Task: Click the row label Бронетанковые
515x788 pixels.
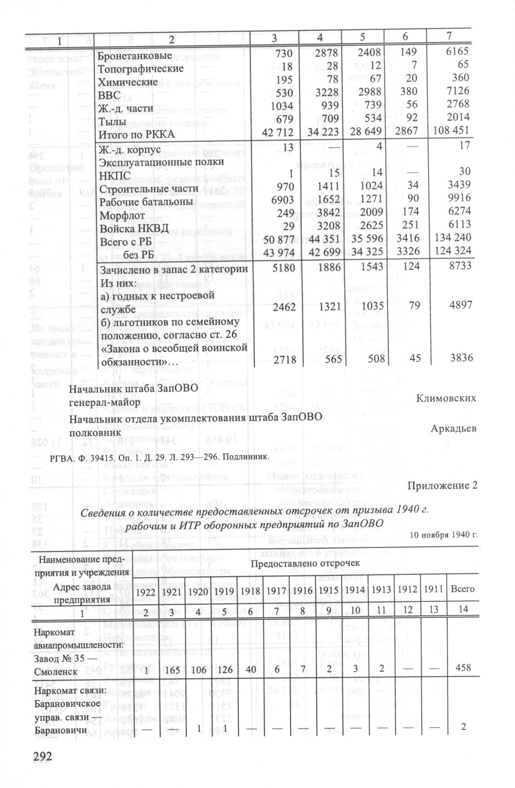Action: (x=135, y=56)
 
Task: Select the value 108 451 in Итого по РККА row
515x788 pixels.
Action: (x=451, y=131)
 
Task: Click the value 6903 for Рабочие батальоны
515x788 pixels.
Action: (x=282, y=198)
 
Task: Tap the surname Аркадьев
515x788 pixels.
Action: (x=453, y=429)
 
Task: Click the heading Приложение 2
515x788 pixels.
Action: (x=442, y=486)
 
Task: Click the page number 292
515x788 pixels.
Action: (x=43, y=756)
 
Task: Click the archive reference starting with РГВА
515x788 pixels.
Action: (x=162, y=457)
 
